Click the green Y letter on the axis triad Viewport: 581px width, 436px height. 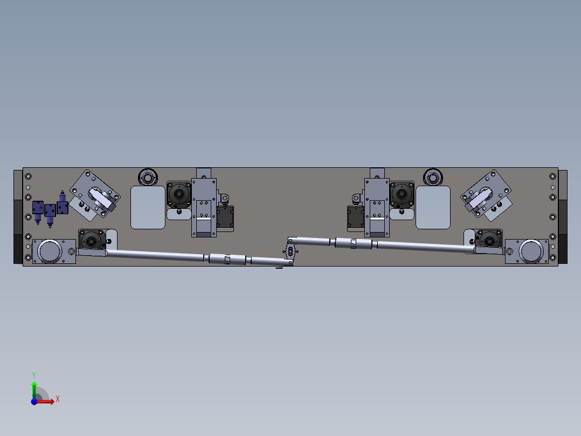pyautogui.click(x=34, y=375)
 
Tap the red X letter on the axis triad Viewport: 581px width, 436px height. pyautogui.click(x=58, y=399)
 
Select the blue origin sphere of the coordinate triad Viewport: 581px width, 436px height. pyautogui.click(x=34, y=401)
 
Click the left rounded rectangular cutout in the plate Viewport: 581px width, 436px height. pyautogui.click(x=148, y=207)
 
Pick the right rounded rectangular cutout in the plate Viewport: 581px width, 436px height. pyautogui.click(x=433, y=207)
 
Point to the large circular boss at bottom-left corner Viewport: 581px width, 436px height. pyautogui.click(x=50, y=251)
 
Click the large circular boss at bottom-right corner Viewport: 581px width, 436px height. pyautogui.click(x=530, y=251)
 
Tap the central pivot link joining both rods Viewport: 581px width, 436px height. pyautogui.click(x=290, y=252)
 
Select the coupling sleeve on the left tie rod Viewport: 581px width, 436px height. pyautogui.click(x=227, y=259)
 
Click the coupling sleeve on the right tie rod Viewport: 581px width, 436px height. pyautogui.click(x=354, y=243)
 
